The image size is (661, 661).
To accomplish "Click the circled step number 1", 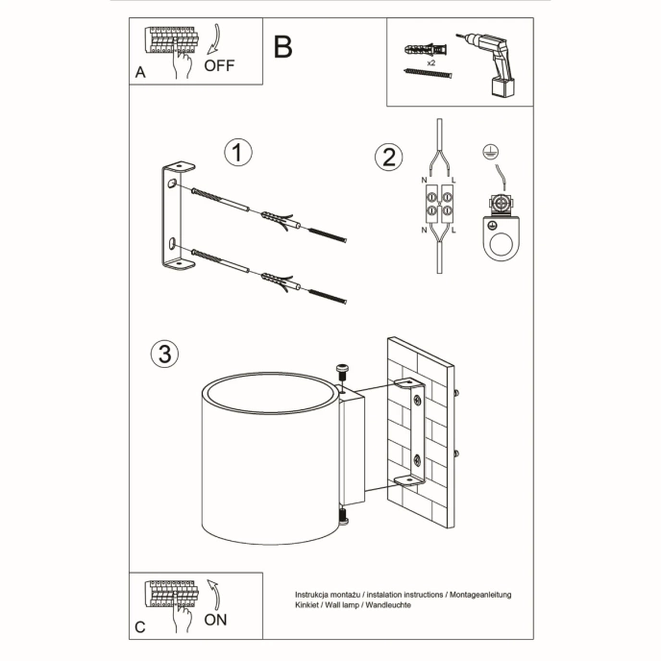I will click(237, 153).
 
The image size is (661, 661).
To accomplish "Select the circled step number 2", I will click(388, 158).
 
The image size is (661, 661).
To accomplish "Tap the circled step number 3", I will click(165, 354).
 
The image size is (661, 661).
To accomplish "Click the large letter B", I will click(282, 46).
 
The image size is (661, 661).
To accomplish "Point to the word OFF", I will click(219, 66).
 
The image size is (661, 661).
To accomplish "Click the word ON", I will click(216, 621).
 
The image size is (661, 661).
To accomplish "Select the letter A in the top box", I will click(140, 72).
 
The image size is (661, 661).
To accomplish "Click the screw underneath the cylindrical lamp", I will click(343, 518).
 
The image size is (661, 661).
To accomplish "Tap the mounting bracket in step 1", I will click(172, 220).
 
